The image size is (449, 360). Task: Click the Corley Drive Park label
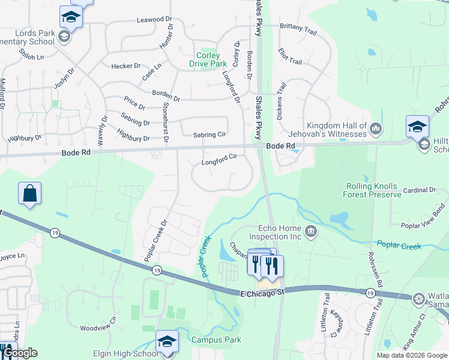(208, 59)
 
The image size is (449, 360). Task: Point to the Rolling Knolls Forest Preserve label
(372, 190)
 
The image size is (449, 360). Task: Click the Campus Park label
(216, 340)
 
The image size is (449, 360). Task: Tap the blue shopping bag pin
(29, 194)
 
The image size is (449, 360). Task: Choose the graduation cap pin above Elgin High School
(167, 343)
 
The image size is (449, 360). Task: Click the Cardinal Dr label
(420, 190)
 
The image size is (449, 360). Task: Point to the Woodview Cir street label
(97, 328)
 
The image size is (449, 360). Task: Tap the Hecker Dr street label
(125, 66)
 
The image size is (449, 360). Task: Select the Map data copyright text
(411, 355)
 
